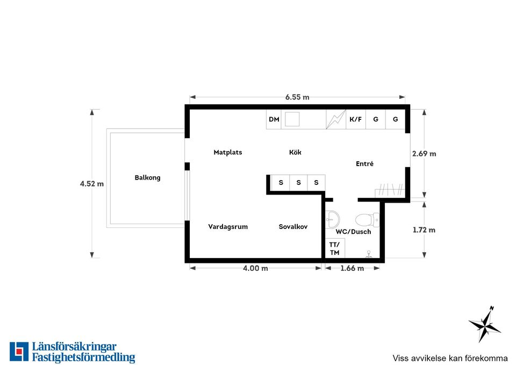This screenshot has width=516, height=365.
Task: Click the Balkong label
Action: coord(147,178)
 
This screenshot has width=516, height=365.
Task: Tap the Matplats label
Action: coord(228,152)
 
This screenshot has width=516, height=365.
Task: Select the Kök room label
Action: coord(295,152)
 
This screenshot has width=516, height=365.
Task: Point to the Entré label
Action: coord(364,163)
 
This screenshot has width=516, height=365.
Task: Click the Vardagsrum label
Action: coord(228,227)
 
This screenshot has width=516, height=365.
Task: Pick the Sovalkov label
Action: coord(293,227)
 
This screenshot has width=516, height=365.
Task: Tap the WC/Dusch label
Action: coord(353,232)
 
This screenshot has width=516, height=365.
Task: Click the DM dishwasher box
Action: coord(274,119)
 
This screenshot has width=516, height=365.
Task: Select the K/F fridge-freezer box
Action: coord(356,119)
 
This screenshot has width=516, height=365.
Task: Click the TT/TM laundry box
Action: coord(335,248)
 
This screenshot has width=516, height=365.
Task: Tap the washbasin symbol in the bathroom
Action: coord(332,219)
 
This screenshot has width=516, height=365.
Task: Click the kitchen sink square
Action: coord(292,119)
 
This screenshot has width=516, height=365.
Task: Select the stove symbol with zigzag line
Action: coord(336,119)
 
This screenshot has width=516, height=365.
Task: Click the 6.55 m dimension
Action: coord(297,97)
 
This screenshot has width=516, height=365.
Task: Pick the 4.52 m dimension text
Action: coord(92,184)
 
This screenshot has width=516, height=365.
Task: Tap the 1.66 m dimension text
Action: coord(352,268)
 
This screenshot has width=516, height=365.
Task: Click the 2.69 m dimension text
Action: coord(424,154)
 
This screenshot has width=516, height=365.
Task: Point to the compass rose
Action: coord(484,324)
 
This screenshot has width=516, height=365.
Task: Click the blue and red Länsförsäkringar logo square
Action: coord(19,352)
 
